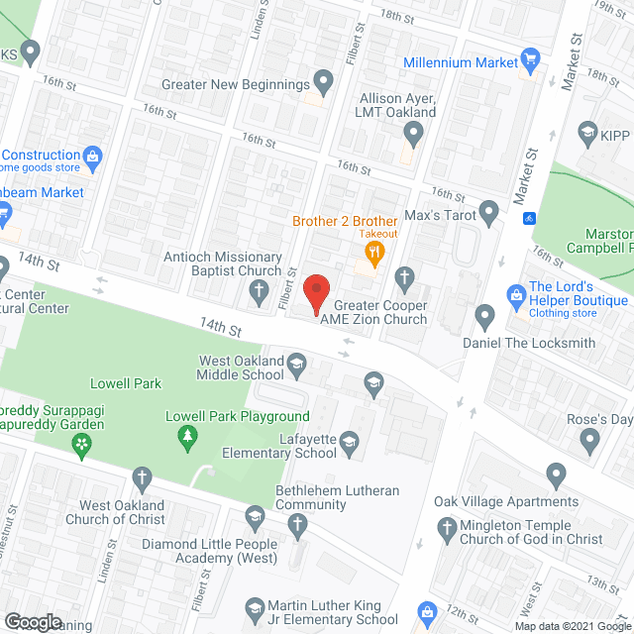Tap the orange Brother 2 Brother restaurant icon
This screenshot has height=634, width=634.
(373, 255)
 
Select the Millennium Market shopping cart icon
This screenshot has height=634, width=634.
(530, 61)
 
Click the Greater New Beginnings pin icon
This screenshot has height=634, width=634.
(323, 79)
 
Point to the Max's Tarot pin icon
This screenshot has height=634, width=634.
(488, 212)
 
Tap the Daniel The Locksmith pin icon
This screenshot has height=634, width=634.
(484, 318)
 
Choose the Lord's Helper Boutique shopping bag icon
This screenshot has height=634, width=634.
(515, 294)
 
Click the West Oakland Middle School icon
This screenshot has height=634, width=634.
(296, 368)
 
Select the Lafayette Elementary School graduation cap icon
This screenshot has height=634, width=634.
(349, 442)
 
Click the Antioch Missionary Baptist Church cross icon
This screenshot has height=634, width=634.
(259, 291)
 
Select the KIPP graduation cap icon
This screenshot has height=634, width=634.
(586, 132)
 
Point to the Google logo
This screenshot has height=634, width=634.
(32, 622)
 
